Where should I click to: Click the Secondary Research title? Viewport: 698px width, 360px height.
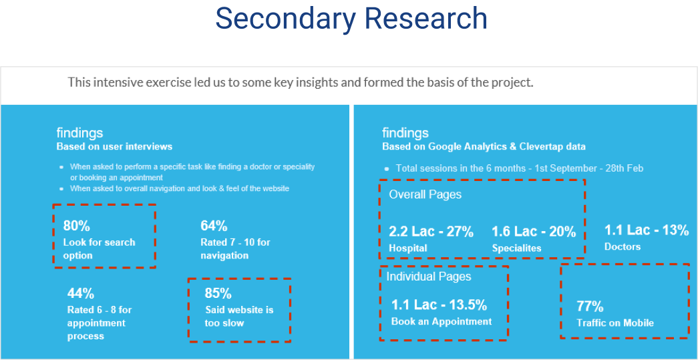pyautogui.click(x=351, y=19)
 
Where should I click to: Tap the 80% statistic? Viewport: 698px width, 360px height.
pyautogui.click(x=77, y=226)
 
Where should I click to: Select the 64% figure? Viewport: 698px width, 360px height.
pyautogui.click(x=214, y=226)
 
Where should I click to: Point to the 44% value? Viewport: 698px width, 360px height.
pyautogui.click(x=81, y=294)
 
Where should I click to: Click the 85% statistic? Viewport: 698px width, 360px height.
pyautogui.click(x=218, y=294)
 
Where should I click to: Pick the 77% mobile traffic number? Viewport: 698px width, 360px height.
pyautogui.click(x=590, y=307)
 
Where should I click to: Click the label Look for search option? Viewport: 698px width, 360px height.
pyautogui.click(x=100, y=249)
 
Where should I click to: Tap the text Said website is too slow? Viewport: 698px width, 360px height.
pyautogui.click(x=239, y=317)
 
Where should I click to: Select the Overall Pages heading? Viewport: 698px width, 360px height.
pyautogui.click(x=425, y=195)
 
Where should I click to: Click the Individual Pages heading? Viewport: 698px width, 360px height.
pyautogui.click(x=429, y=277)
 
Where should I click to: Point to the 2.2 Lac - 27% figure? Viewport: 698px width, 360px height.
pyautogui.click(x=431, y=232)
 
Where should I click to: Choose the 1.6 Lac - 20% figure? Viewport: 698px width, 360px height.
pyautogui.click(x=534, y=232)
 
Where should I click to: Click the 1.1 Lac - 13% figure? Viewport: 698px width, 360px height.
pyautogui.click(x=647, y=230)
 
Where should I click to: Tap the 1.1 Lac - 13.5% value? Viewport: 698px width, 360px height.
pyautogui.click(x=439, y=305)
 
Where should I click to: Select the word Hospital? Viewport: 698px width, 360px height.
pyautogui.click(x=407, y=248)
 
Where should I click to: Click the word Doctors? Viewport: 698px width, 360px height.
pyautogui.click(x=623, y=246)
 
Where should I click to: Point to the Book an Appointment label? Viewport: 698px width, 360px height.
pyautogui.click(x=442, y=322)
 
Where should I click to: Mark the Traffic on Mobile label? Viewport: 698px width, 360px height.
pyautogui.click(x=615, y=323)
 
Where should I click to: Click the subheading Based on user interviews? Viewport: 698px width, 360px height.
pyautogui.click(x=114, y=146)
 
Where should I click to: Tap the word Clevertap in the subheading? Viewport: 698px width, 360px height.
pyautogui.click(x=545, y=146)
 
